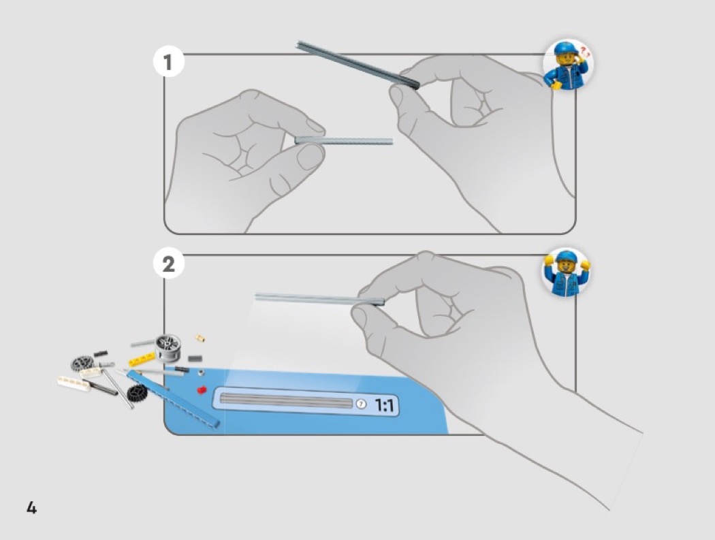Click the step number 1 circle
point(169,62)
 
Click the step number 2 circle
point(169,264)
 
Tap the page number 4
point(31,507)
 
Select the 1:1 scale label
point(385,405)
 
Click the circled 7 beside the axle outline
point(361,404)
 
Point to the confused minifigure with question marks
point(568,64)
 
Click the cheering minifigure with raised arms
point(567,273)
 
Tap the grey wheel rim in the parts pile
point(168,347)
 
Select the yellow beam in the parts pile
point(142,360)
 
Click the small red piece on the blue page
point(201,390)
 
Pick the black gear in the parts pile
point(136,393)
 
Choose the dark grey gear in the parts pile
point(82,363)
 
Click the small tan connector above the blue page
point(200,338)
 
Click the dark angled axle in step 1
point(358,65)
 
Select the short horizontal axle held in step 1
point(344,140)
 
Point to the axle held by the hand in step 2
point(319,299)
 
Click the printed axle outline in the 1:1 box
point(287,400)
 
